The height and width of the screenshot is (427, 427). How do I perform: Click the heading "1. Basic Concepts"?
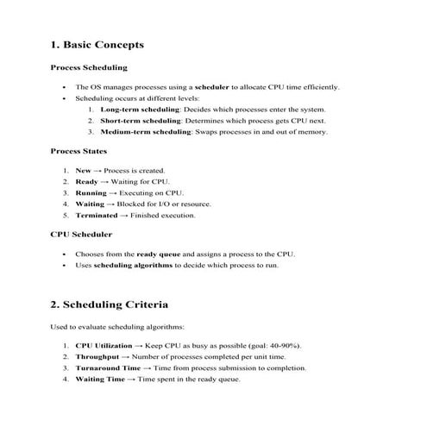coord(97,45)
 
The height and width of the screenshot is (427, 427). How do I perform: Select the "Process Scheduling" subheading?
coord(89,67)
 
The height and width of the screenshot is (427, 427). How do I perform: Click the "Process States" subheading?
coord(82,151)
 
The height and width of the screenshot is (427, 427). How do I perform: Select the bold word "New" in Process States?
coord(84,171)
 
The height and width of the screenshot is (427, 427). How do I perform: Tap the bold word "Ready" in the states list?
coord(86,182)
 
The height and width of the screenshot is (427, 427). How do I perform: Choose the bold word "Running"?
coord(91,193)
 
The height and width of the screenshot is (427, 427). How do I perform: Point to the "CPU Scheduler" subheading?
coord(81,234)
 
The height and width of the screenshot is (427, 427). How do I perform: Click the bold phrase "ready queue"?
coord(158,254)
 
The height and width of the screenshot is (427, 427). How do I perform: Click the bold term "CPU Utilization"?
coord(104,345)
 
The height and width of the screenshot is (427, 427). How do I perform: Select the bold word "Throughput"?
coord(97,356)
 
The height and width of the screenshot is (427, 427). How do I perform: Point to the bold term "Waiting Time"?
coord(100,379)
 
